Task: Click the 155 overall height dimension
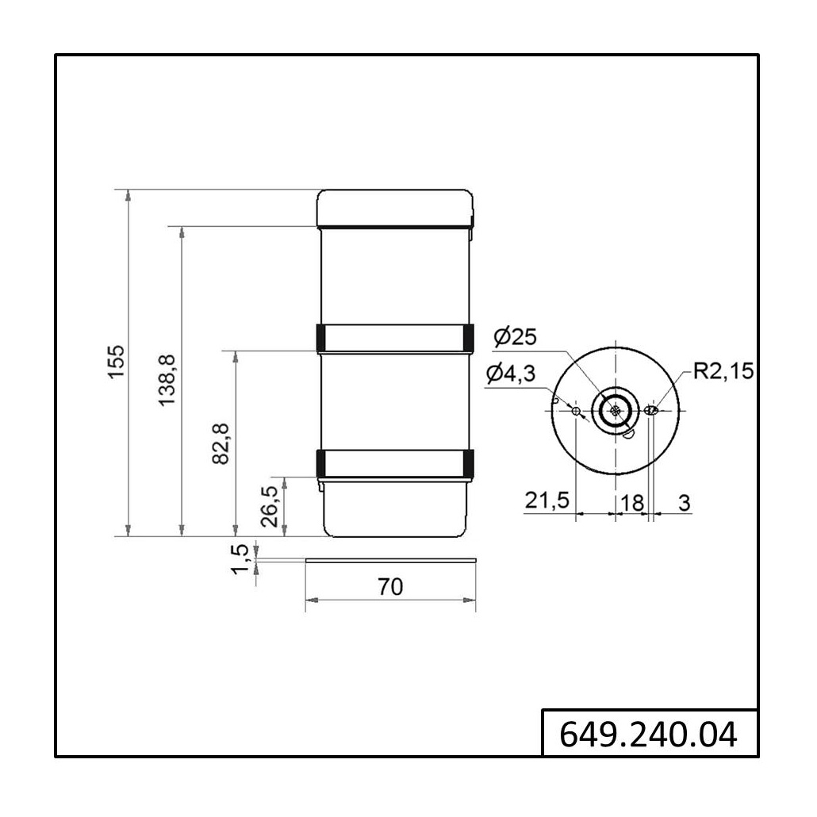117,362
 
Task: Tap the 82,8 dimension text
221,443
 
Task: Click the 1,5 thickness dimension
240,559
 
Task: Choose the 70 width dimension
390,587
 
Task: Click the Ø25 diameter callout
516,337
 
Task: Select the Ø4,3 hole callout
511,374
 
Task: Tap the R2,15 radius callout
723,371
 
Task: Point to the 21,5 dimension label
547,501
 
